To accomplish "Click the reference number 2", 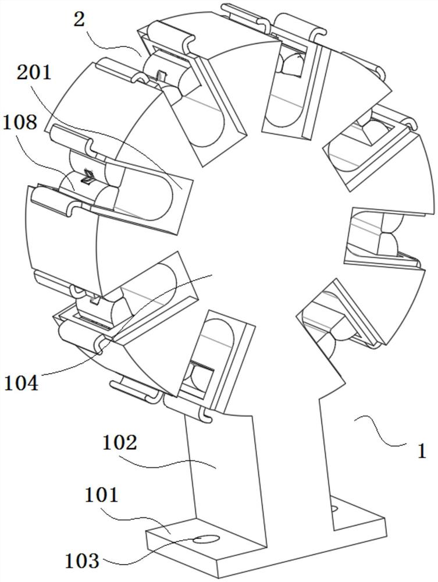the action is point(79,19).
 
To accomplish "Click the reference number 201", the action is point(34,72).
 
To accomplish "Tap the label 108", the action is point(20,122).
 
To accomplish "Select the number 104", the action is point(21,383).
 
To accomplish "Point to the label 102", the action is point(119,442).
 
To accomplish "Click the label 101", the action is point(102,495).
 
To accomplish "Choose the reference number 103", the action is point(82,560).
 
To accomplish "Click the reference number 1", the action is point(422,451).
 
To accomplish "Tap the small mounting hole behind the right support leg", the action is point(335,508).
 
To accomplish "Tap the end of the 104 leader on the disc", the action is point(212,275).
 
